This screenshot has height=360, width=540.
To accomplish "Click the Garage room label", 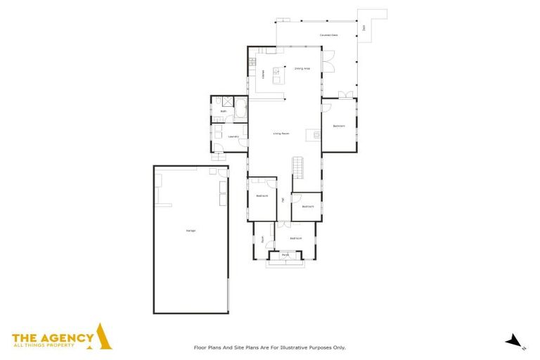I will [191, 231].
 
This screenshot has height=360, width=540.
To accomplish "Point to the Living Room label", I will [282, 133].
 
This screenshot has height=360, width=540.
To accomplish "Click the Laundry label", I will [234, 136].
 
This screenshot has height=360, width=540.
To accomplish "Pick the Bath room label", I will [224, 111].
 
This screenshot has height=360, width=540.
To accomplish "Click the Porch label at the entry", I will [285, 255].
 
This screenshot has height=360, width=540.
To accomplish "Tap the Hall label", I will [283, 200].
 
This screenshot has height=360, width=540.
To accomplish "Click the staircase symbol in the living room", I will [300, 167].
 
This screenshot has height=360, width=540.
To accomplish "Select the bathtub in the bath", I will [239, 110].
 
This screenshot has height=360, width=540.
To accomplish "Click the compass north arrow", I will [515, 341].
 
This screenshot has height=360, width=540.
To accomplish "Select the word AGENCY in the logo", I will [67, 337].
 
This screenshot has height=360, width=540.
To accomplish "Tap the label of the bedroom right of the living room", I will [339, 126].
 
